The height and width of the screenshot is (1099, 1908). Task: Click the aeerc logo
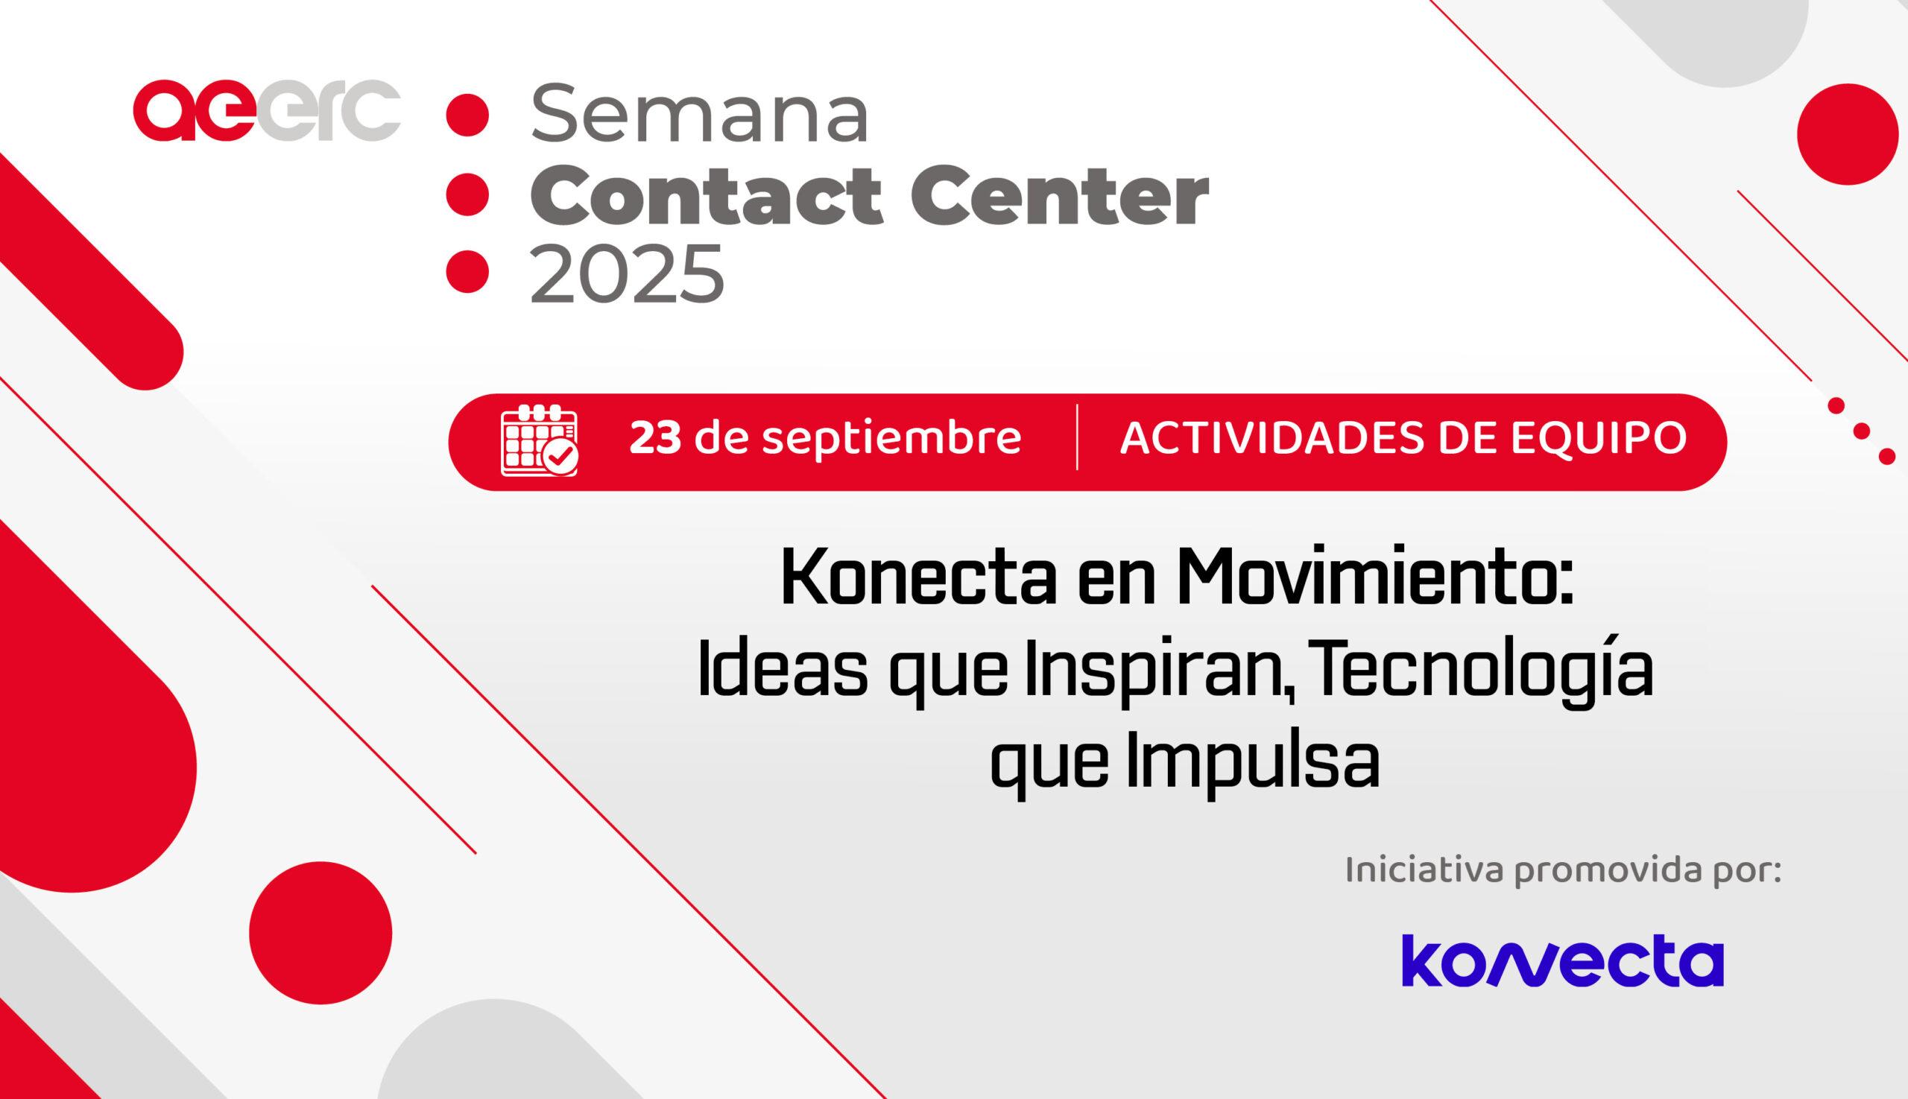click(267, 110)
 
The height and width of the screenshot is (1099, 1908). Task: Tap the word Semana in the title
click(700, 113)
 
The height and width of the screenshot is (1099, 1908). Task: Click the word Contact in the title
click(706, 195)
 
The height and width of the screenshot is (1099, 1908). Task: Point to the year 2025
click(627, 273)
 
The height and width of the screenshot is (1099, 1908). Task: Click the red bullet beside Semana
click(467, 115)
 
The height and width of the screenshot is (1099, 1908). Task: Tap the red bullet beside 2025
click(467, 271)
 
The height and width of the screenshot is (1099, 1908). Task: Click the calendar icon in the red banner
click(540, 441)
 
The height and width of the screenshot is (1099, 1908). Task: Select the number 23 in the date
click(655, 438)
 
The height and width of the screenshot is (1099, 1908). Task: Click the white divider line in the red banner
click(1077, 437)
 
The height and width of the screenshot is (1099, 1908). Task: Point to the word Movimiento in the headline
click(1375, 576)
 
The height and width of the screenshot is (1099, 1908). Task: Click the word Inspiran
click(1159, 670)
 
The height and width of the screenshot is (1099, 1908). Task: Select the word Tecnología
click(1480, 669)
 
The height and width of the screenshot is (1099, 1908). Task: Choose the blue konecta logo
click(1563, 960)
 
